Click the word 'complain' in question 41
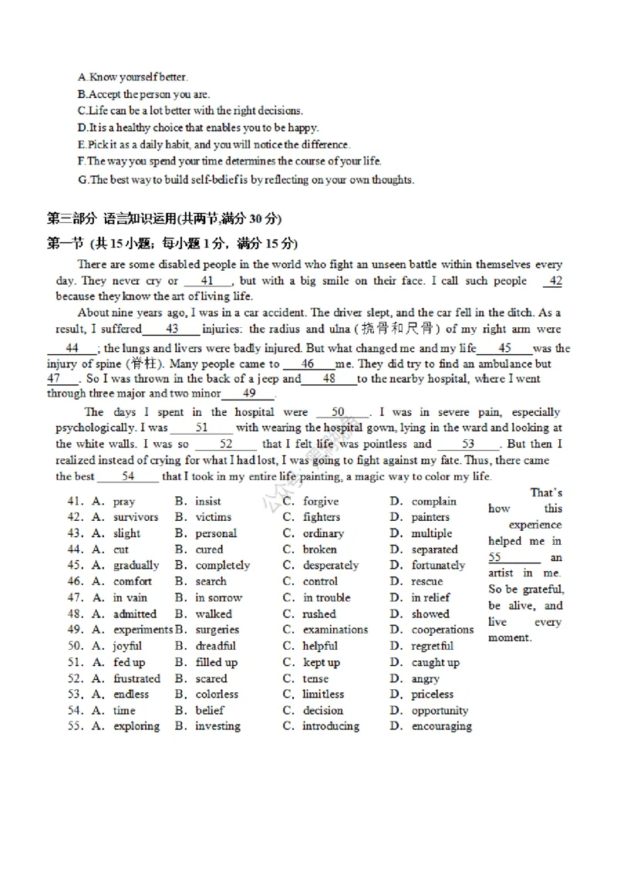(x=433, y=502)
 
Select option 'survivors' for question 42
(x=136, y=518)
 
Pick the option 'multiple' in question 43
(x=431, y=534)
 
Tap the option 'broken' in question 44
(x=319, y=550)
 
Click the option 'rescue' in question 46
(x=427, y=582)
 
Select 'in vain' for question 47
(x=133, y=598)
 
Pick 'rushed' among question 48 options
(x=319, y=614)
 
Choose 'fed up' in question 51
(x=129, y=662)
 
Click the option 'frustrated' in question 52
(x=137, y=679)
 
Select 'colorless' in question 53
(x=217, y=695)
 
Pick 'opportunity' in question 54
(x=440, y=711)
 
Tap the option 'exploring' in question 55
(x=137, y=727)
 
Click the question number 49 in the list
(x=75, y=630)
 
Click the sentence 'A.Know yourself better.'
(x=133, y=77)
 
